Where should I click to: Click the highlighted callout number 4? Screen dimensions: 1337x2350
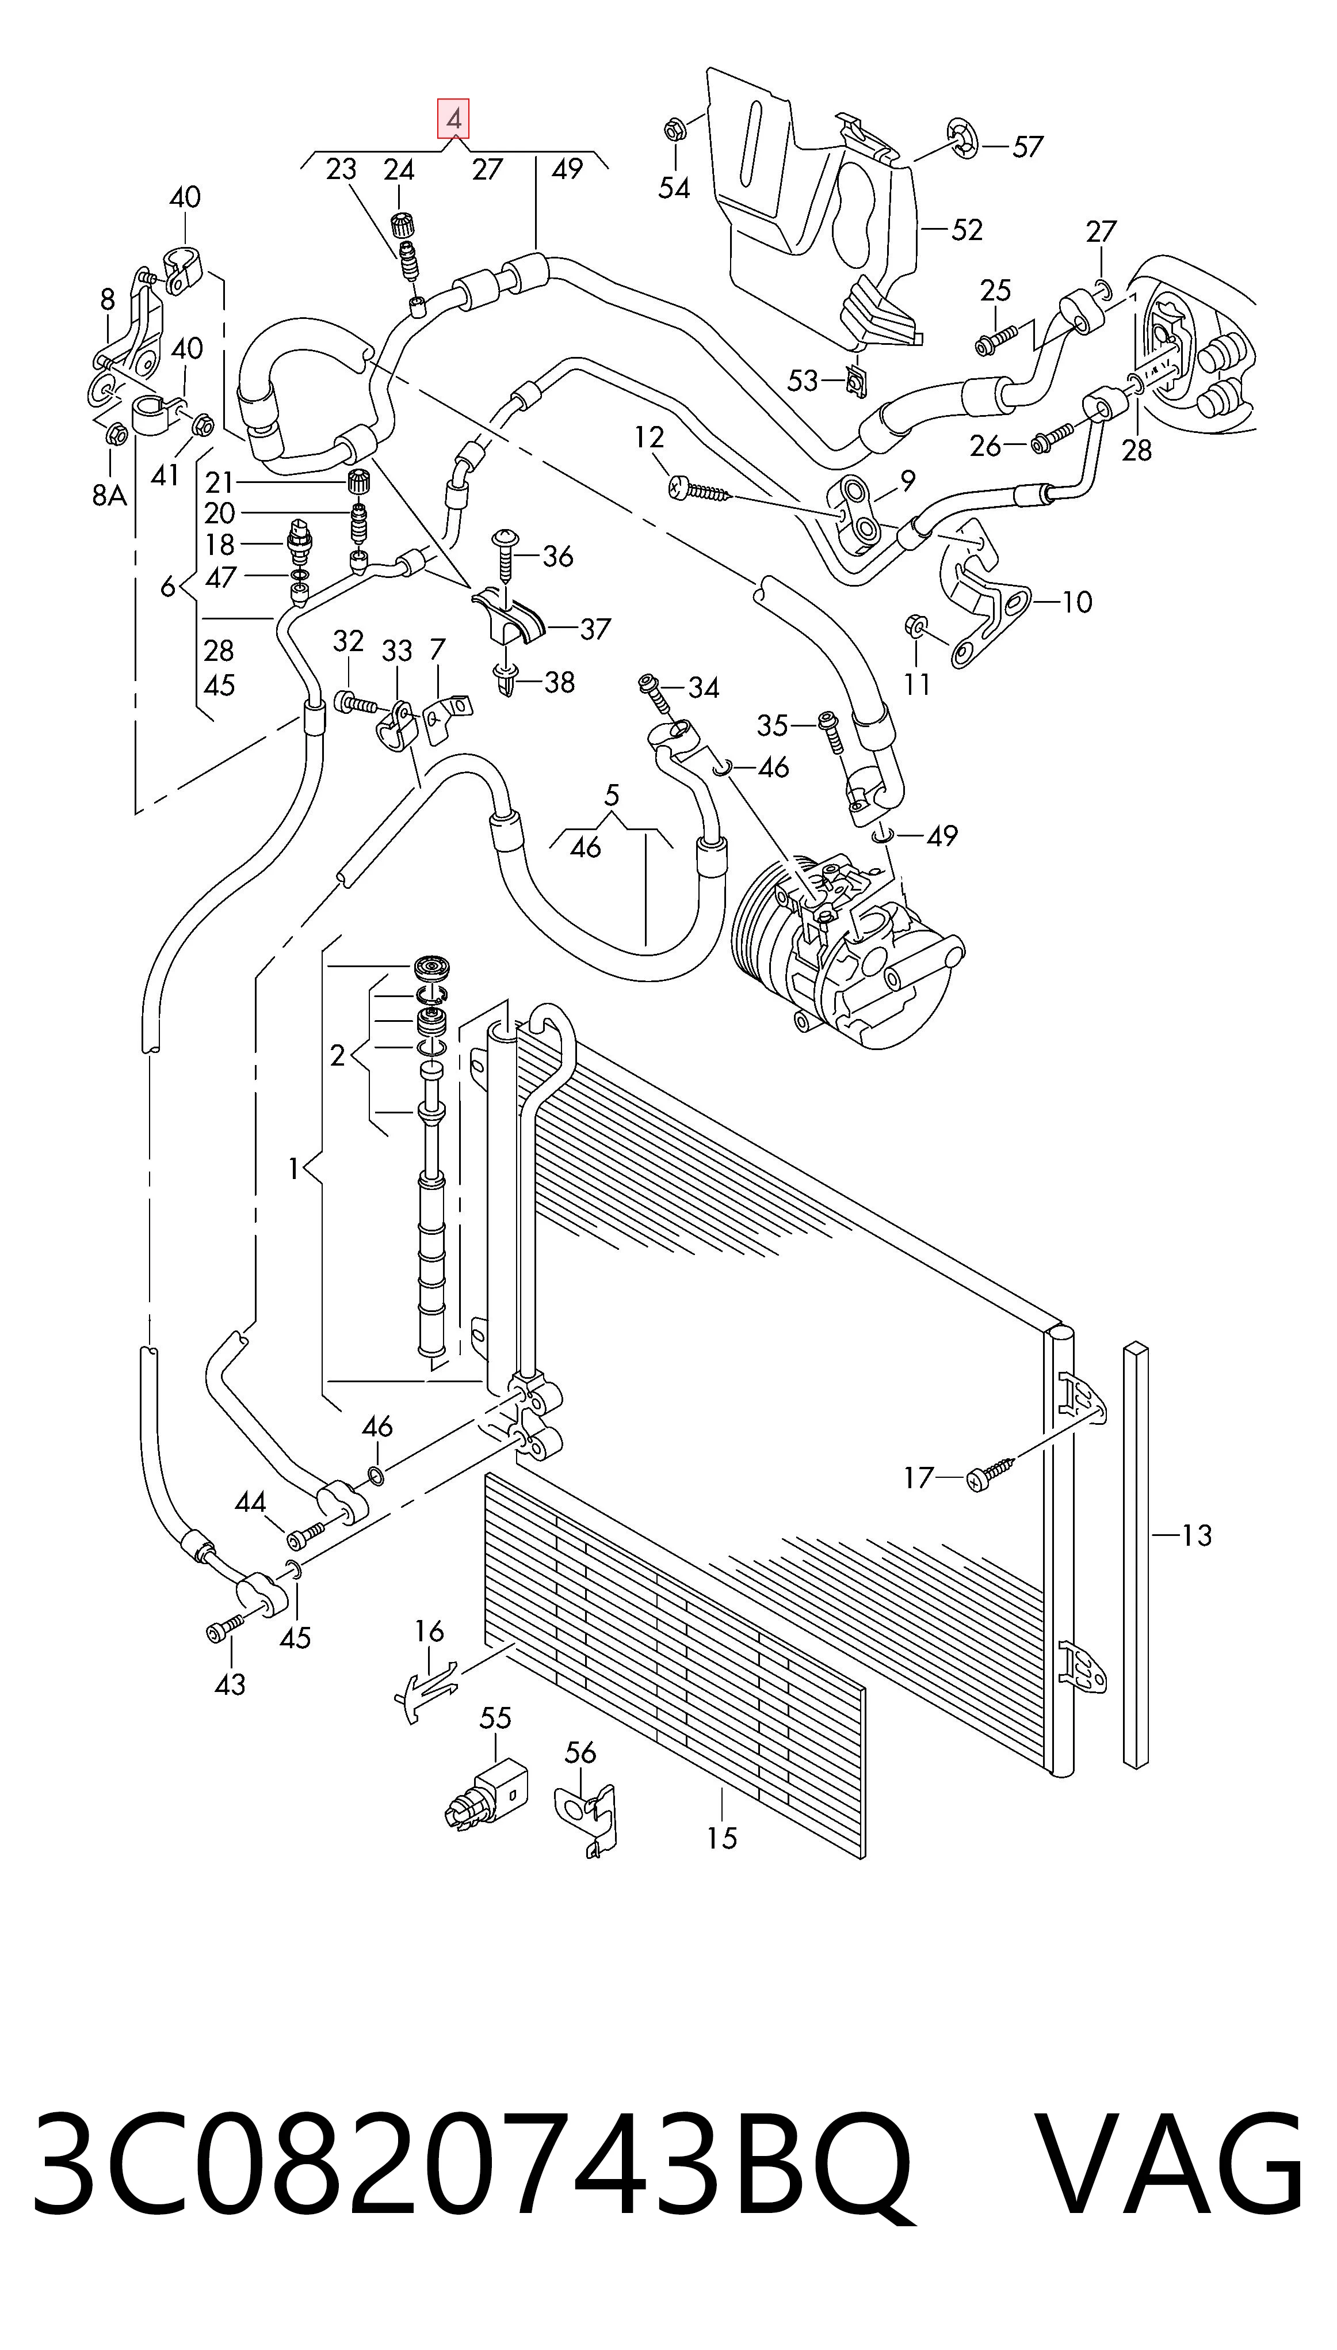[453, 119]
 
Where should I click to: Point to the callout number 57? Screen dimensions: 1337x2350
[1029, 146]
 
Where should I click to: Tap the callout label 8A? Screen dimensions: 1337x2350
[109, 496]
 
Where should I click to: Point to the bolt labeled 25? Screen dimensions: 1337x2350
[996, 340]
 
